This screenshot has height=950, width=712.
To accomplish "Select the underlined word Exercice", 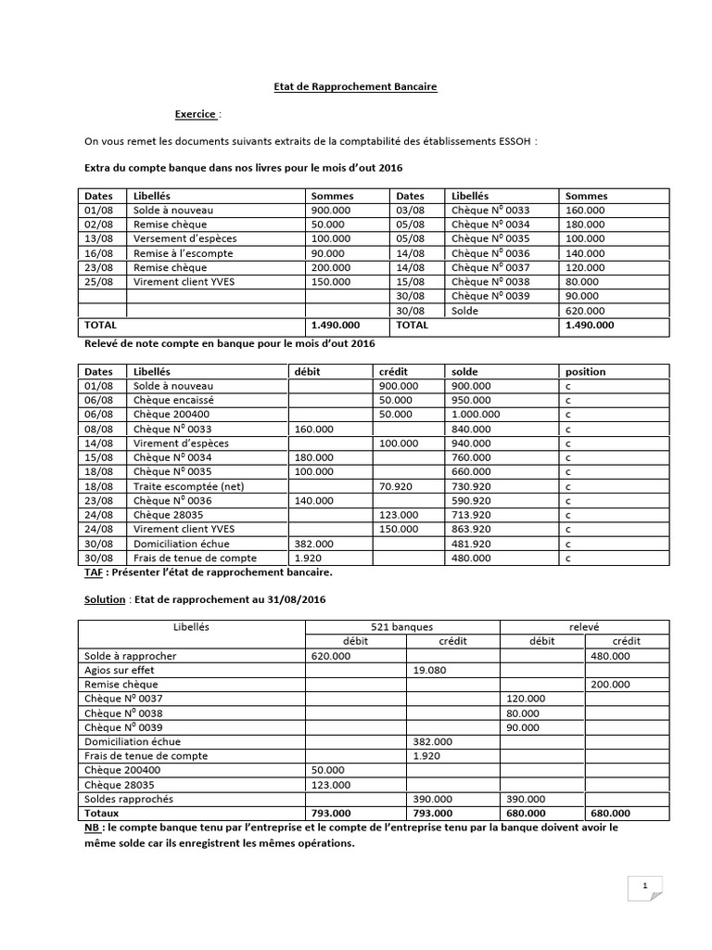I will (x=196, y=114).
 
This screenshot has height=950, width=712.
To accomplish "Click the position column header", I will (x=585, y=371).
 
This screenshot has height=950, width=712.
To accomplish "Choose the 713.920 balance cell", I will (x=471, y=515).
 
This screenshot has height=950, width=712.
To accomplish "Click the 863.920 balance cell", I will (x=471, y=529).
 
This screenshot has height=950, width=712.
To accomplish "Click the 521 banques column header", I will (x=401, y=627).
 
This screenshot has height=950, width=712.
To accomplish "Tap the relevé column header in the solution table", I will (x=584, y=627).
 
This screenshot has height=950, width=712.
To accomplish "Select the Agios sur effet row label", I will (x=119, y=670).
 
